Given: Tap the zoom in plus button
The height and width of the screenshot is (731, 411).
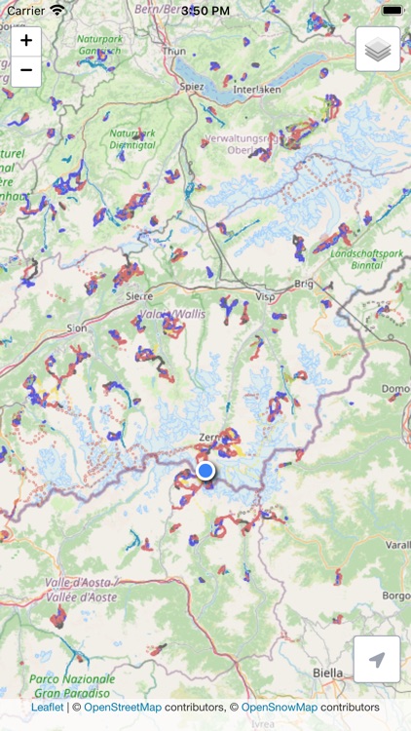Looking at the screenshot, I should pos(26,41).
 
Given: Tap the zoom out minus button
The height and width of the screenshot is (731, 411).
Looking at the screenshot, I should pos(26,71).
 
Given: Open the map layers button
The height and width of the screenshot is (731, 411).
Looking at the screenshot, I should pos(378,50).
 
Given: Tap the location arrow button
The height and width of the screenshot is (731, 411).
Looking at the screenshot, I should pos(378,660).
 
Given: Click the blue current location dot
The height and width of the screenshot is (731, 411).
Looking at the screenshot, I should pos(205,472).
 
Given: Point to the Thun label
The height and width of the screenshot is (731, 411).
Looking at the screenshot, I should pos(174,49).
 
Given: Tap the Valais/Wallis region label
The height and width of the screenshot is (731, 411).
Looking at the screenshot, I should pos(167,314).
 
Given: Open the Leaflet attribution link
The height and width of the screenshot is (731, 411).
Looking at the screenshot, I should pos(48,708).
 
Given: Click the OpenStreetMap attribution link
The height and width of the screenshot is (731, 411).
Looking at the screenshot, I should pos(123,708).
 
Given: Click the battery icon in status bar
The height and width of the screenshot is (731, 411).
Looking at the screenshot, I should pos(392,10).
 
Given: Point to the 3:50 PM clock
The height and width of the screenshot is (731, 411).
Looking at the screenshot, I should pos(205,10).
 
